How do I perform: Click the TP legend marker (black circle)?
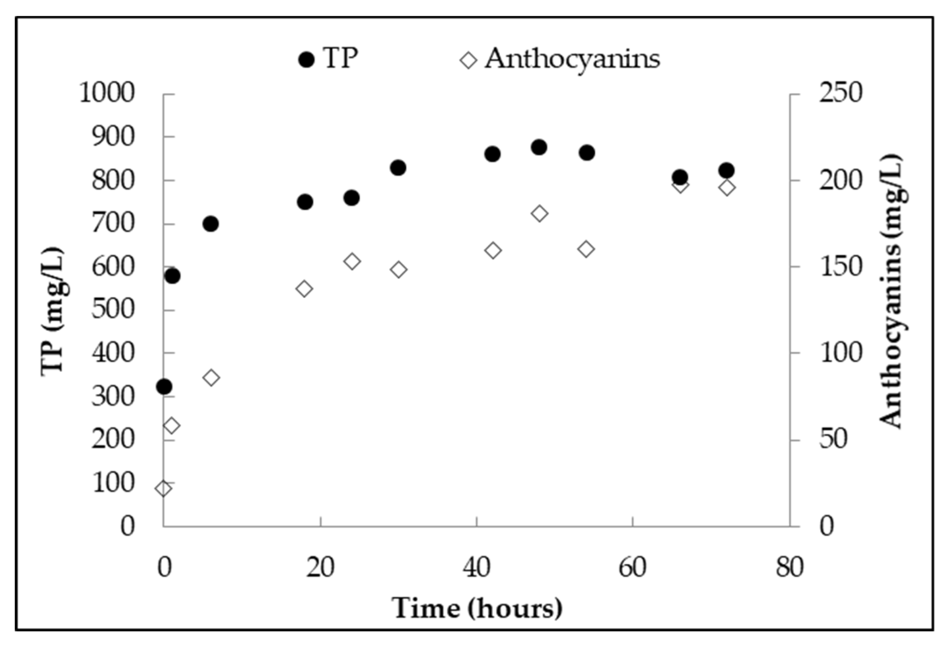306,60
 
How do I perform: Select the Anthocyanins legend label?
572,59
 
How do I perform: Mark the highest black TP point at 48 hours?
539,148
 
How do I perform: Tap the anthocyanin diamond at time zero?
163,488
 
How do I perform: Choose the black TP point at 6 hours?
211,224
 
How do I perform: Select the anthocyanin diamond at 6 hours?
211,377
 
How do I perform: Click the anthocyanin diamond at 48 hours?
540,213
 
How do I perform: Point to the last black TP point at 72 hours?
726,171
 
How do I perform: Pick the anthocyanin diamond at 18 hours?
304,289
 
